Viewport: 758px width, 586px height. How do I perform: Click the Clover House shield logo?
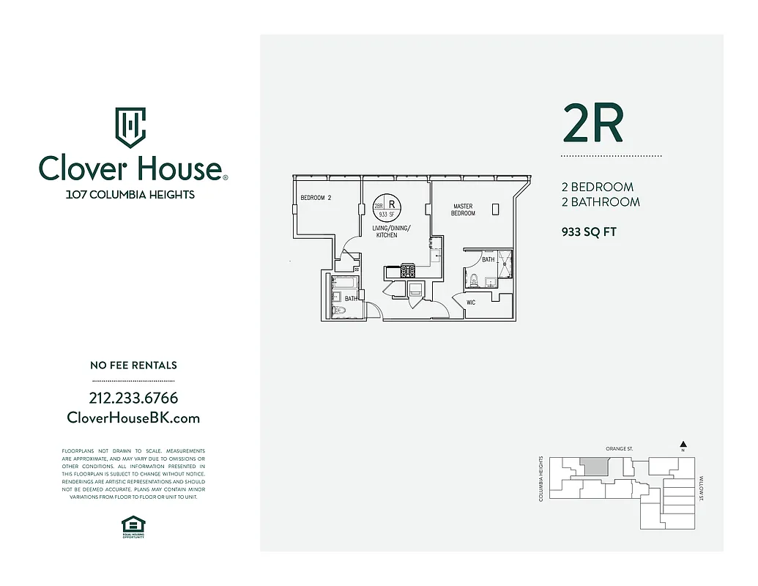point(130,127)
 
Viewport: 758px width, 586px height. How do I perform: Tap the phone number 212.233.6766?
point(133,398)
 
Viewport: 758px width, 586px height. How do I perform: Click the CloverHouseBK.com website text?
point(133,418)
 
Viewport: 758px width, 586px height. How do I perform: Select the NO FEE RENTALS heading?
point(133,365)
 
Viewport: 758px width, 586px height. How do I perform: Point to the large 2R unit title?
point(592,123)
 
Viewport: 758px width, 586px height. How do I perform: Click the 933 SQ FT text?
point(589,232)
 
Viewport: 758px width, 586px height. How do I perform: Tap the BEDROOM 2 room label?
point(316,198)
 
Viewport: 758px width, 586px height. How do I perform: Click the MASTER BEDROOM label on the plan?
point(463,209)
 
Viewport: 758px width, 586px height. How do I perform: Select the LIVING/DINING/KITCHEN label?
point(393,231)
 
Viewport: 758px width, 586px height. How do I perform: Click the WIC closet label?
point(471,303)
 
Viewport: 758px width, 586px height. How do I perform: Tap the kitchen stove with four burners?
point(408,271)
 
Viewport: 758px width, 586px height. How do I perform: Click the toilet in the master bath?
point(474,280)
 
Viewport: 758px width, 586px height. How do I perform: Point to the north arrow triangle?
point(683,444)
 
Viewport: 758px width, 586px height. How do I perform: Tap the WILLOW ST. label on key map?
point(701,487)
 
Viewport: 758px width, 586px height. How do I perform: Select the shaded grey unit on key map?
point(595,466)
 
